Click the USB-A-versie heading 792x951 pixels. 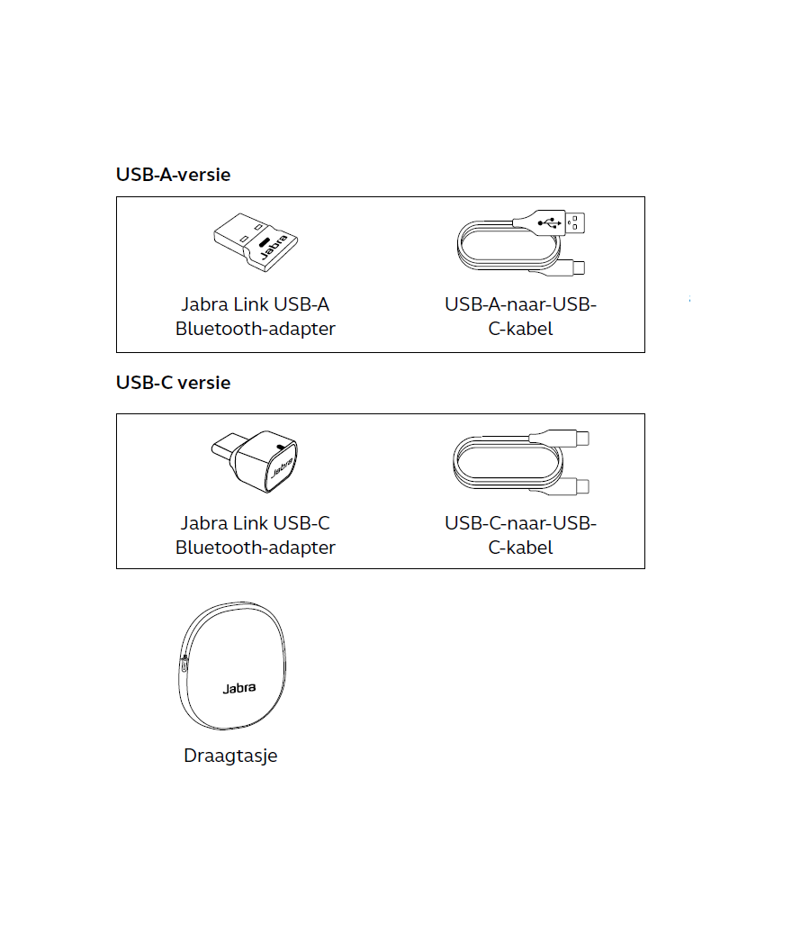click(174, 175)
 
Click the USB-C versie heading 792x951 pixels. click(174, 383)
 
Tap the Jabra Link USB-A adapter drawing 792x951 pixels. click(256, 241)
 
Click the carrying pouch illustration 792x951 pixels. click(232, 666)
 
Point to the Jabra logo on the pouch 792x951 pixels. click(239, 688)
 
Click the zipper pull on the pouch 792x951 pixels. click(184, 664)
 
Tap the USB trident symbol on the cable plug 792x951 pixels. click(549, 222)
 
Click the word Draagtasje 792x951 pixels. click(230, 756)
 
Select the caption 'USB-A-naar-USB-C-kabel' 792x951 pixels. click(520, 316)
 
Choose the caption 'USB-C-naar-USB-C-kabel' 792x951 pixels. click(520, 535)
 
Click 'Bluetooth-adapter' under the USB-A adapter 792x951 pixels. click(255, 329)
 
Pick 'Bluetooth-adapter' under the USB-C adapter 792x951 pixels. click(255, 548)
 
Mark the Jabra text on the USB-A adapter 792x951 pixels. click(274, 248)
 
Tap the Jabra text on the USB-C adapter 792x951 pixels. click(283, 468)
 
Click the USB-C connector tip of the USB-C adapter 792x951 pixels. click(223, 447)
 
